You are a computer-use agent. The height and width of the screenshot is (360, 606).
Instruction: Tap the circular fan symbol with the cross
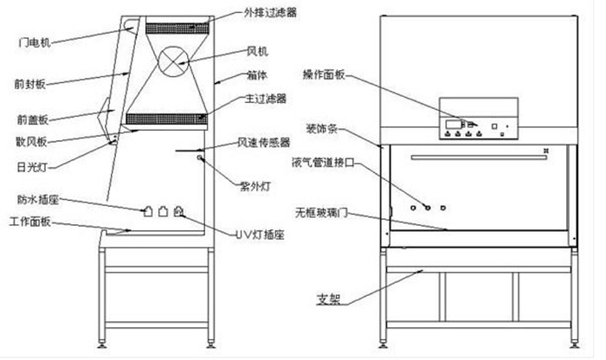[172, 60]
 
